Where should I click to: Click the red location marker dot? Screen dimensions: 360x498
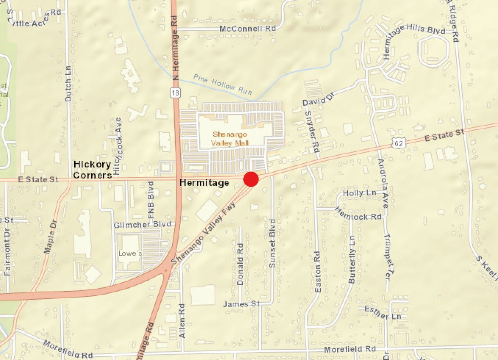point(251,179)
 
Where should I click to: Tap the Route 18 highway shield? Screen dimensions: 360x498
point(175,93)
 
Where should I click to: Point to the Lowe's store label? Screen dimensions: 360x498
point(130,253)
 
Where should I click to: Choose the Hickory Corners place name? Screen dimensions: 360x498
point(93,170)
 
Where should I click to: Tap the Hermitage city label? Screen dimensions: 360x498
point(204,183)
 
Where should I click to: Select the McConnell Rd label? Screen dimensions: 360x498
point(247,29)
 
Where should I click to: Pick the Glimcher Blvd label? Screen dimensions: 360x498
point(142,224)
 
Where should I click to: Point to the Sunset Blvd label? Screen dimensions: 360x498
point(272,243)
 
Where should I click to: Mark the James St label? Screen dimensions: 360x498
point(241,304)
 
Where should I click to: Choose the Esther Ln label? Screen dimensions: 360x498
point(383,313)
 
